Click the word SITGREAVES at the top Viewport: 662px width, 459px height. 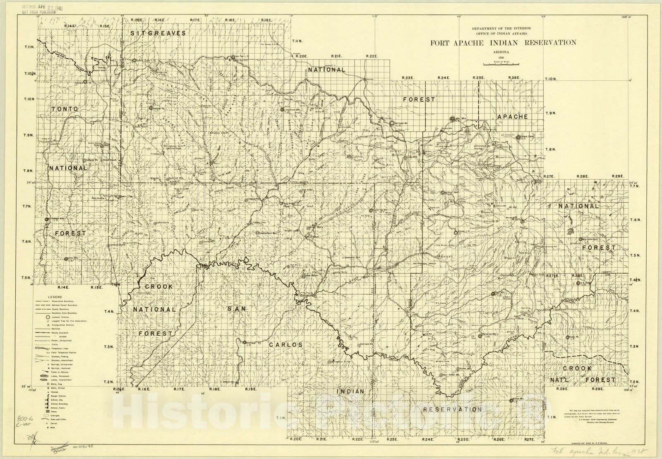(158, 33)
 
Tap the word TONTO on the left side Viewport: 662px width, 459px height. (65, 109)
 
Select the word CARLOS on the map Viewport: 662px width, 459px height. (285, 344)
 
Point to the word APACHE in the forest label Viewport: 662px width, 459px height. (512, 117)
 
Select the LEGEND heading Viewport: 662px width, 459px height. (55, 297)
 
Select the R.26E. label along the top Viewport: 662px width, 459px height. (514, 78)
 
